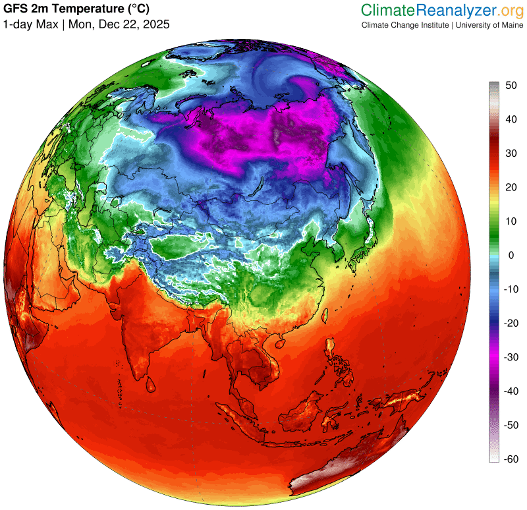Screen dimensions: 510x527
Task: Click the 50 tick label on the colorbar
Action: point(511,86)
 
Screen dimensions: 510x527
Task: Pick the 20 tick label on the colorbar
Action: point(511,188)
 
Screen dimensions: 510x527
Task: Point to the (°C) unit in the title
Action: point(134,9)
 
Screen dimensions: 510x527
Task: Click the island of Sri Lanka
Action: point(151,382)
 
